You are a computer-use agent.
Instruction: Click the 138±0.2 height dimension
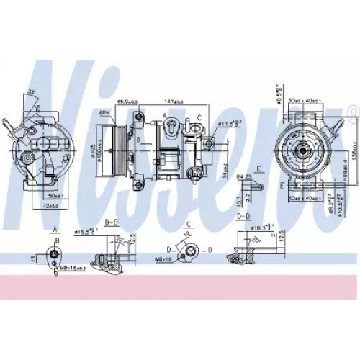coord(345,142)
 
